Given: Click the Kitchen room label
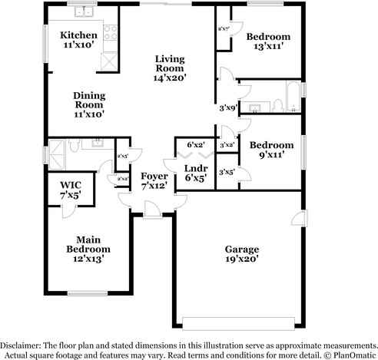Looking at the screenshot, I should (x=79, y=35).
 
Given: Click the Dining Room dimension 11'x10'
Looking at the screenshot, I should (x=89, y=114).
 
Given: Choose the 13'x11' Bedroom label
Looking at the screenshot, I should (x=268, y=37).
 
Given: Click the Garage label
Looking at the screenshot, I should (x=241, y=249).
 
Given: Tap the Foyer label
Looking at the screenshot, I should (x=153, y=176).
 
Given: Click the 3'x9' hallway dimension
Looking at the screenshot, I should (x=228, y=107).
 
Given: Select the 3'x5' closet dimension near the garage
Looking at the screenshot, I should (x=227, y=172).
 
